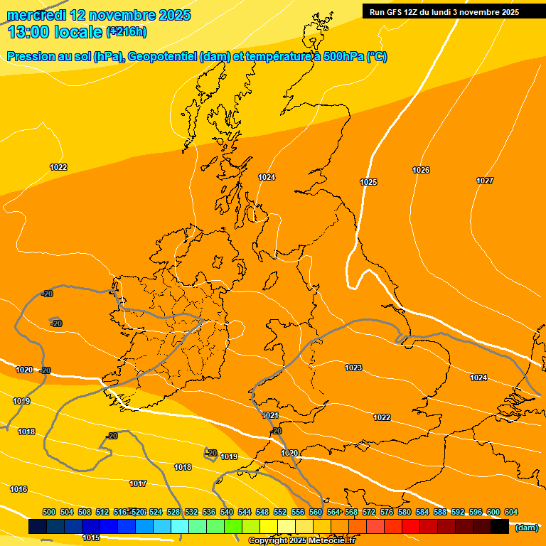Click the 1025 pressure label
pyautogui.click(x=368, y=183)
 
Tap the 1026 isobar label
pyautogui.click(x=421, y=170)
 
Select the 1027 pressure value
pyautogui.click(x=485, y=181)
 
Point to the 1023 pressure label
pyautogui.click(x=353, y=368)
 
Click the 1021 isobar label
pyautogui.click(x=270, y=415)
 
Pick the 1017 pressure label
pyautogui.click(x=138, y=483)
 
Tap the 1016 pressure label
pyautogui.click(x=18, y=489)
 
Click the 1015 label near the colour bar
pyautogui.click(x=91, y=538)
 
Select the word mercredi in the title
pyautogui.click(x=35, y=15)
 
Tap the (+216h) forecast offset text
pyautogui.click(x=127, y=31)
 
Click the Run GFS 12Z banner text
pyautogui.click(x=444, y=12)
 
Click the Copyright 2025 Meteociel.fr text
pyautogui.click(x=301, y=541)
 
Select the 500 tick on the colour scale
pyautogui.click(x=49, y=512)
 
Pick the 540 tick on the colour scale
pyautogui.click(x=227, y=512)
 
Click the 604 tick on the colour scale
pyautogui.click(x=511, y=512)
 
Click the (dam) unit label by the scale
pyautogui.click(x=526, y=527)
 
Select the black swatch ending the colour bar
pyautogui.click(x=500, y=527)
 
